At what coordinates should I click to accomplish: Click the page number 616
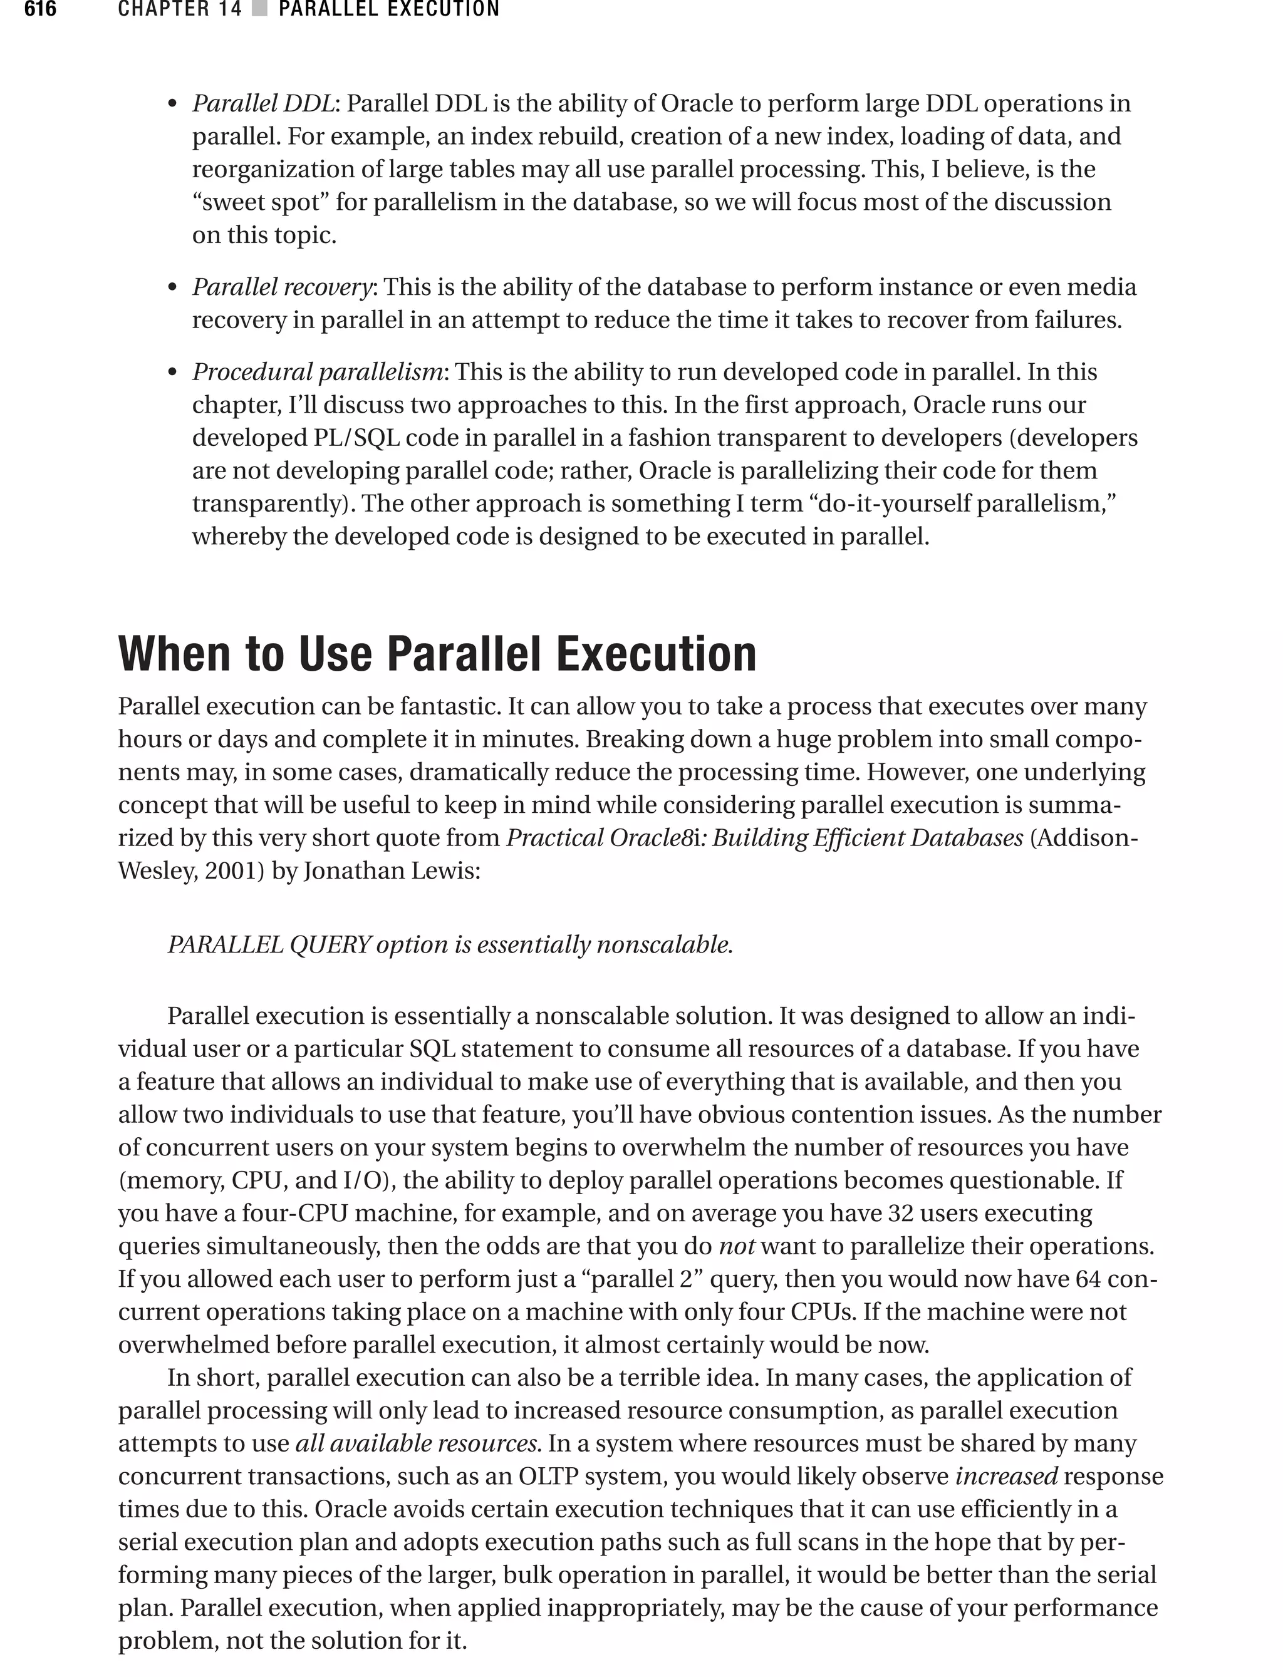coord(39,9)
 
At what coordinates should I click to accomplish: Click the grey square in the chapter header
coord(259,9)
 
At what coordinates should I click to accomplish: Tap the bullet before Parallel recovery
coord(173,289)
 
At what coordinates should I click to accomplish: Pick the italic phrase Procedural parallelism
coord(317,372)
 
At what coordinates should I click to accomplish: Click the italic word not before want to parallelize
coord(736,1246)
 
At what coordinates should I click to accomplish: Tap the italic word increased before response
coord(1005,1476)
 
